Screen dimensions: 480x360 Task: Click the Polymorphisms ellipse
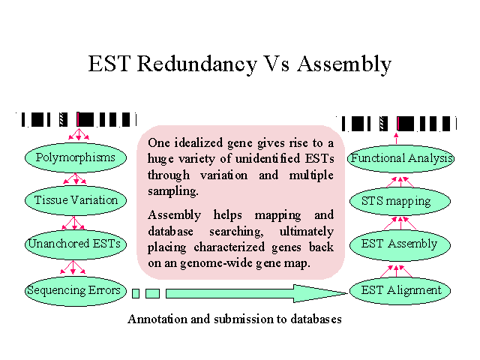(x=76, y=157)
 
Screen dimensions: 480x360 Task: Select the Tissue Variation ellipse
(x=76, y=200)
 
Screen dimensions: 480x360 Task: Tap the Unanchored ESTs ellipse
(x=76, y=244)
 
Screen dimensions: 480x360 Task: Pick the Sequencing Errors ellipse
(x=76, y=291)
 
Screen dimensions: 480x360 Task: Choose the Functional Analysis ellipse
(x=400, y=158)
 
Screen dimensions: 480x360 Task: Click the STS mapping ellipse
(x=400, y=202)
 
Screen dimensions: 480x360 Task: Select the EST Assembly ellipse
(x=400, y=245)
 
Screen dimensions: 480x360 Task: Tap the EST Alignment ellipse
(x=400, y=290)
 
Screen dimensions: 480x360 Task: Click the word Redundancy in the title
(x=196, y=64)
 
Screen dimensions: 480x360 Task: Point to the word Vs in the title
(x=277, y=64)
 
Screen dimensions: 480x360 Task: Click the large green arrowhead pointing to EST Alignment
(x=320, y=293)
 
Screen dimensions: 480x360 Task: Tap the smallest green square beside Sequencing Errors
(x=136, y=293)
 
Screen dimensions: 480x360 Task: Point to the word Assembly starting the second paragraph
(x=175, y=215)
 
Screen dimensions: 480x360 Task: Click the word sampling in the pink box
(x=173, y=192)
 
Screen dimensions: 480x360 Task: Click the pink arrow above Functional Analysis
(x=397, y=138)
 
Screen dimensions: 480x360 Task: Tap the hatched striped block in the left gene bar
(x=63, y=119)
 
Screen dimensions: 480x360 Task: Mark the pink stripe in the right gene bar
(x=398, y=124)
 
